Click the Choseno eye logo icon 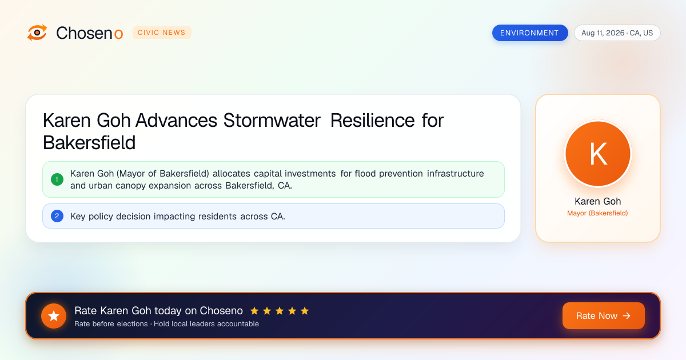37,33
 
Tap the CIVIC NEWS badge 162,33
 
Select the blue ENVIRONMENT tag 530,33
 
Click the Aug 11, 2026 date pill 617,33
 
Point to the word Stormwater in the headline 272,121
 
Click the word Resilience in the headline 372,121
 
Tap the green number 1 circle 57,179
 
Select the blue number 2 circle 57,216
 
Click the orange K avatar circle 598,154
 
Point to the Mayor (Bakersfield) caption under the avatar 597,213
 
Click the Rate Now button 603,315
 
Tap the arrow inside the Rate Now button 627,315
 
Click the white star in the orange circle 54,316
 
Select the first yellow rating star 254,311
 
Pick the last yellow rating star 305,311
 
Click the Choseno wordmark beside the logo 89,33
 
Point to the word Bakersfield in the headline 89,143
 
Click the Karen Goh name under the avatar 598,201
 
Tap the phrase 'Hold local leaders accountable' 206,324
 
